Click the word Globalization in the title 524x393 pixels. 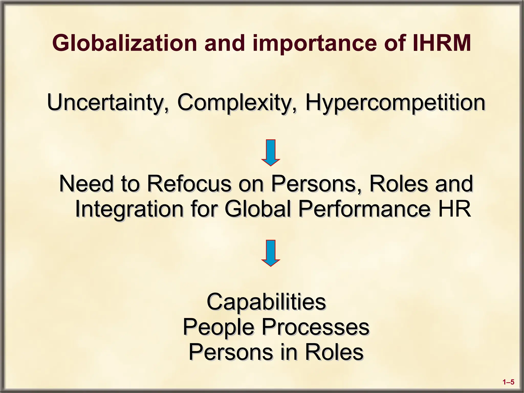point(124,43)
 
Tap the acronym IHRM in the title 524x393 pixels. point(442,43)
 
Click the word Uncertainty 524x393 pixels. point(108,103)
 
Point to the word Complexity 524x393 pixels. point(237,103)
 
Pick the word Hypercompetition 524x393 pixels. point(395,103)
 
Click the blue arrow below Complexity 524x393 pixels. point(271,152)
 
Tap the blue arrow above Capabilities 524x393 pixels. point(271,253)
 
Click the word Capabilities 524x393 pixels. point(266,302)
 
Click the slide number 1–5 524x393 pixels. point(508,382)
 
